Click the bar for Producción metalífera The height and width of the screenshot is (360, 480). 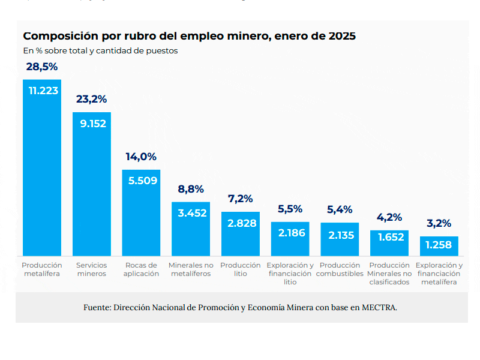tap(42, 168)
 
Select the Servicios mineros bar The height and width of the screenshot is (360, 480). tap(92, 184)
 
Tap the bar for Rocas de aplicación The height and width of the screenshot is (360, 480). tap(141, 213)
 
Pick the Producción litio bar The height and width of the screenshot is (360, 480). tap(241, 234)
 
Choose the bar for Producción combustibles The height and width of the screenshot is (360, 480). tap(340, 239)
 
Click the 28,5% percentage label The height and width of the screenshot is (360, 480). tap(42, 67)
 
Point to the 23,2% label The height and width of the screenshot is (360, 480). tap(92, 99)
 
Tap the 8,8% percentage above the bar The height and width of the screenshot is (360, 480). tap(191, 189)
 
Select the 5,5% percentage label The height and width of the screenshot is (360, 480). tap(290, 209)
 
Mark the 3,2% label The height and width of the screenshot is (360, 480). tap(439, 223)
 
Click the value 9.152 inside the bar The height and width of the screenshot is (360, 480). tap(93, 124)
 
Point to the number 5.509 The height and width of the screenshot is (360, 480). tap(143, 181)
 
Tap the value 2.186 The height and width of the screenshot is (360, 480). tap(292, 233)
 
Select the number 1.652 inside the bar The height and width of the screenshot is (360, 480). tap(391, 237)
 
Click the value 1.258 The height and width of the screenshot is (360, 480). tap(439, 245)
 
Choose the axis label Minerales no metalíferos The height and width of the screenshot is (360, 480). tap(191, 269)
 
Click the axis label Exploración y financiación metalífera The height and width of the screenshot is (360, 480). tap(439, 274)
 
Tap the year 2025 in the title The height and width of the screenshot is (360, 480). tap(342, 36)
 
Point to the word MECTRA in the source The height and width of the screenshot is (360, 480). tap(379, 307)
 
